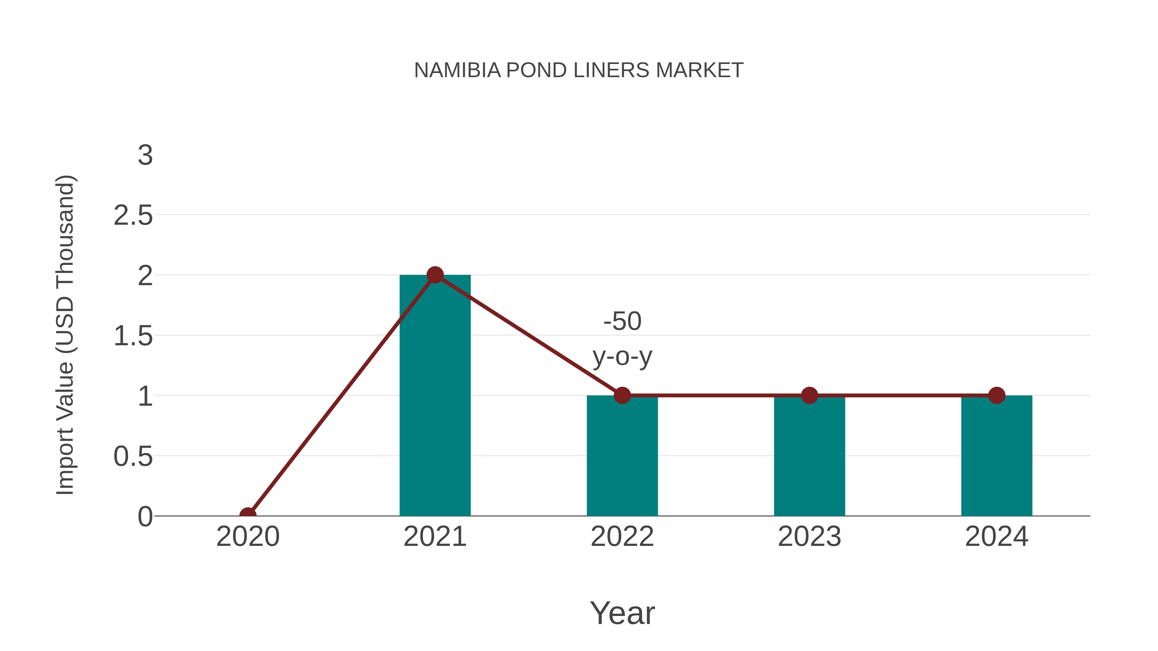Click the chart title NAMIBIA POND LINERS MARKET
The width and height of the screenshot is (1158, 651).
(579, 70)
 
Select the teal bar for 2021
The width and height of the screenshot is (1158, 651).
(435, 404)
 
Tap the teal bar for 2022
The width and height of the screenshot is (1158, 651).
(622, 463)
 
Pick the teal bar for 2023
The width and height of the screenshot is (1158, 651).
(809, 463)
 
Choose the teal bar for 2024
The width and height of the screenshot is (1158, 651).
(997, 463)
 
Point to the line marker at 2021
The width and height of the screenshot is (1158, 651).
(435, 275)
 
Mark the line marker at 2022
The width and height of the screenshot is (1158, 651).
(622, 395)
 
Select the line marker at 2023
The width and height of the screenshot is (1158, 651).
(809, 395)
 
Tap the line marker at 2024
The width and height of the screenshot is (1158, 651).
(997, 395)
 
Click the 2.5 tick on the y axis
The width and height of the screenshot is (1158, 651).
(133, 216)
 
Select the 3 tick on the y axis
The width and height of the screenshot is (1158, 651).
(145, 156)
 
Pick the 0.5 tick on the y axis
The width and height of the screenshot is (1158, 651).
(133, 457)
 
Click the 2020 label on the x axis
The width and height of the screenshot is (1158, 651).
(248, 537)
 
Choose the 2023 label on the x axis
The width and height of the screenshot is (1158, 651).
(809, 537)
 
